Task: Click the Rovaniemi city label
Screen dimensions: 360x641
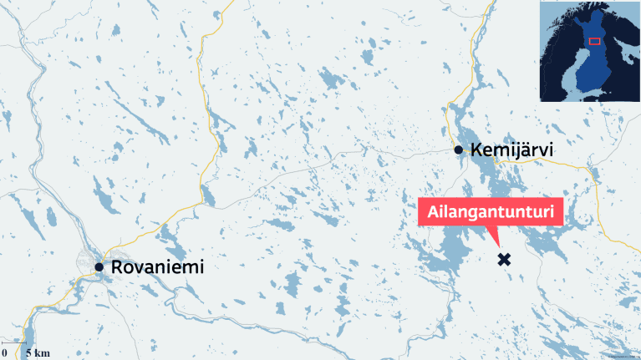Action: (x=156, y=267)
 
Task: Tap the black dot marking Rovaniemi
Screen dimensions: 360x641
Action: (x=99, y=267)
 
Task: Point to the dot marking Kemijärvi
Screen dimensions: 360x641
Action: (x=458, y=150)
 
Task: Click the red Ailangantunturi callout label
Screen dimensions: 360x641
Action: (x=491, y=212)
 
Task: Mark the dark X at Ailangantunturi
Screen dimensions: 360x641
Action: (x=504, y=260)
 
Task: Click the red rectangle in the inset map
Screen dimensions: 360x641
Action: (x=595, y=40)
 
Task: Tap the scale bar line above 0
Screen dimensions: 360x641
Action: (x=12, y=342)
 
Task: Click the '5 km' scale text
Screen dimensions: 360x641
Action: (x=38, y=353)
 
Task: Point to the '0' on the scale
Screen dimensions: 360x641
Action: (x=4, y=353)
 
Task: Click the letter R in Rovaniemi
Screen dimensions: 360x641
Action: (x=114, y=267)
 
